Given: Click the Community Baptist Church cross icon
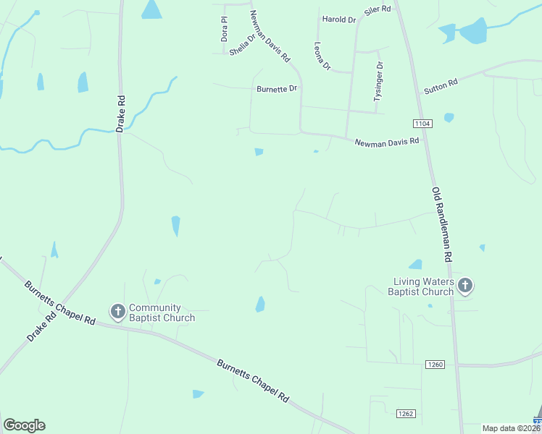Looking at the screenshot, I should [117, 312].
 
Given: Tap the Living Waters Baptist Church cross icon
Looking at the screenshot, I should [465, 286].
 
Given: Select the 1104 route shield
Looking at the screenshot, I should [424, 124].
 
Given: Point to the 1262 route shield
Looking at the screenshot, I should [406, 414].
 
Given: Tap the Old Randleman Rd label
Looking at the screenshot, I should [442, 224].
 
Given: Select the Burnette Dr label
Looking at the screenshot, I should [277, 89].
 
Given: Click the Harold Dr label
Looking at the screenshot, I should [339, 20].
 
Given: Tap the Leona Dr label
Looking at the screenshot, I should [322, 56].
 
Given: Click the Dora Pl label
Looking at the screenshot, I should [225, 29].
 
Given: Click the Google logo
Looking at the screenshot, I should [24, 425].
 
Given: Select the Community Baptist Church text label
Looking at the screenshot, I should [162, 312].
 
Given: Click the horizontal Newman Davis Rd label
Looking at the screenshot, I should [387, 142].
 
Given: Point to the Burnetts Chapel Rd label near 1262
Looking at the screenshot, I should [253, 380].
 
